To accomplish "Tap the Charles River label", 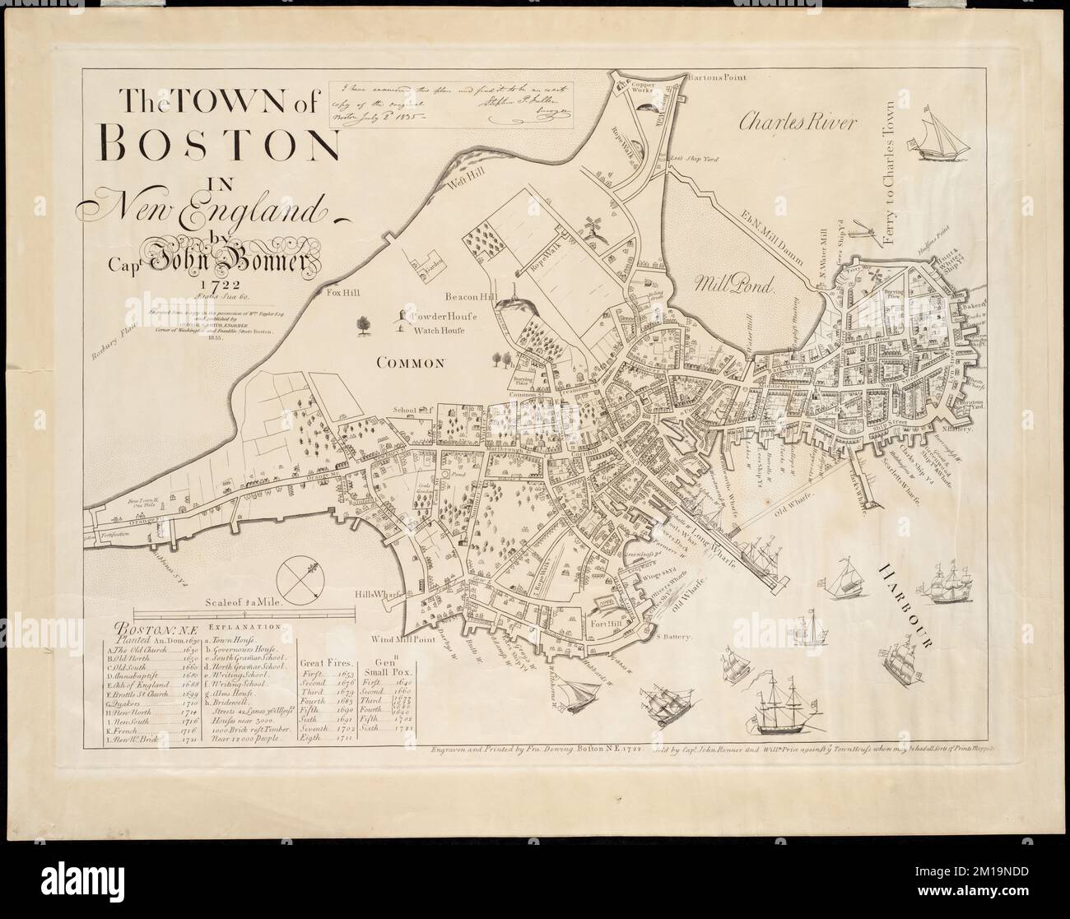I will point(797,123).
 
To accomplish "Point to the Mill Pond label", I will point(735,285).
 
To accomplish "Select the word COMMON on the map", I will point(412,361).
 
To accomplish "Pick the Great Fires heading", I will point(328,661).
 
